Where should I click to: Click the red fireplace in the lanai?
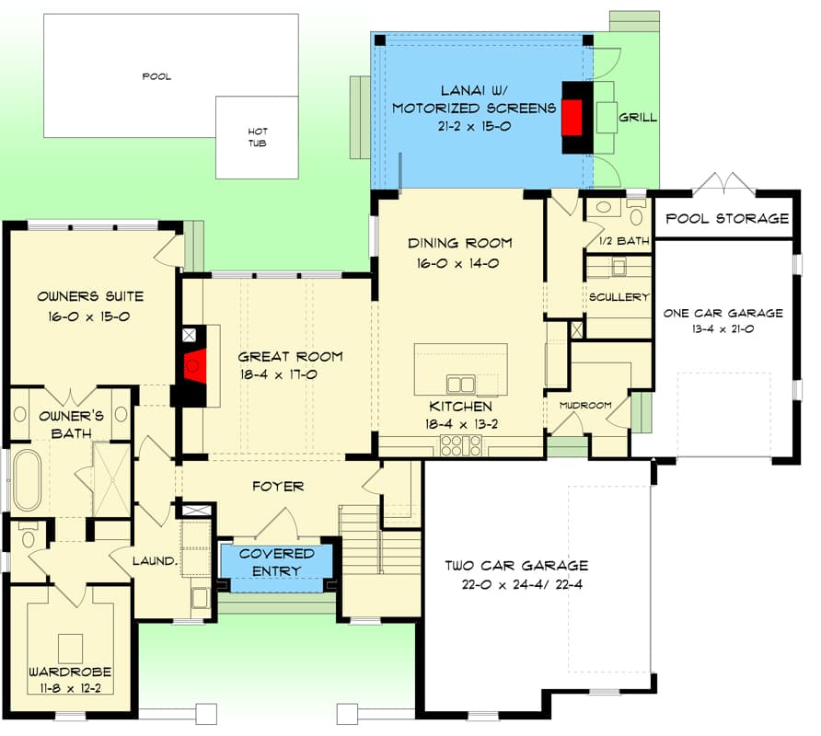[x=572, y=118]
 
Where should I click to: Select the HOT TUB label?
[x=257, y=137]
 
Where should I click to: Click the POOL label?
[x=156, y=76]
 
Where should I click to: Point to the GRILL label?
[x=637, y=118]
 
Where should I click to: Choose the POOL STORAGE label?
[x=727, y=219]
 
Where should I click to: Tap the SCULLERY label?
[x=619, y=297]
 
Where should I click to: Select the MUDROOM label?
[x=585, y=405]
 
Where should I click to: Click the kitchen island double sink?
[x=460, y=383]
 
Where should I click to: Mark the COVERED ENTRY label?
[x=277, y=562]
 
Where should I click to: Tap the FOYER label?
[x=277, y=486]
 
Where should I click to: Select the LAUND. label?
[x=154, y=560]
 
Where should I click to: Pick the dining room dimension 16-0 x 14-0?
[x=460, y=262]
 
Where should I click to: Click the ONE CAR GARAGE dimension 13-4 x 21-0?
[x=723, y=329]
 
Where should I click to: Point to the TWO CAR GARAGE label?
[x=516, y=566]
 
